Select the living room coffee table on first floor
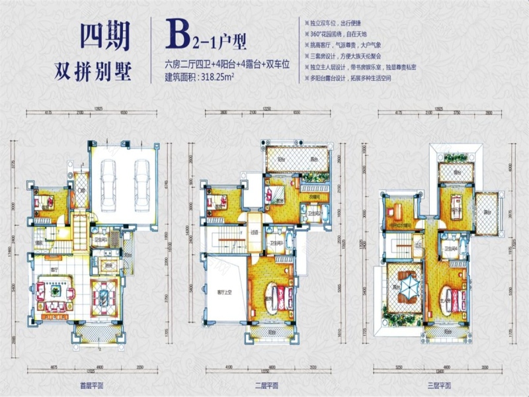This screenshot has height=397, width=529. pyautogui.click(x=52, y=291)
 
